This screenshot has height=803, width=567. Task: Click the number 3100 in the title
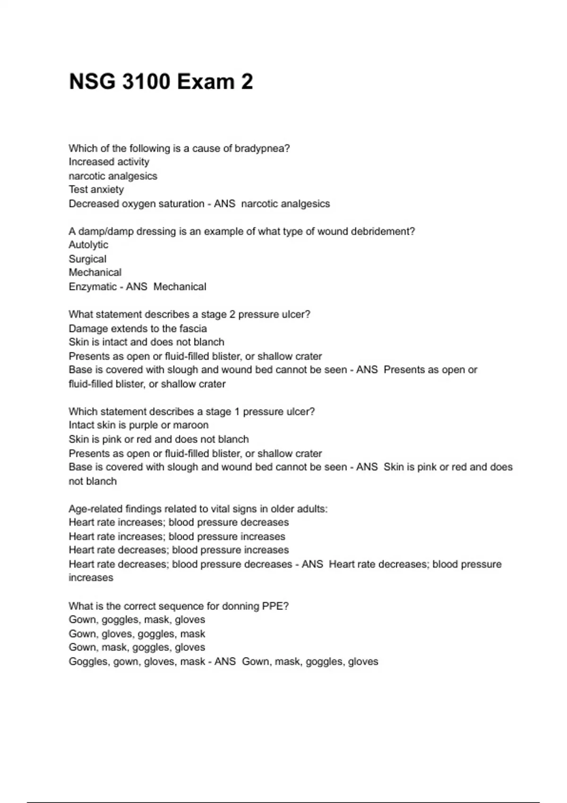(146, 82)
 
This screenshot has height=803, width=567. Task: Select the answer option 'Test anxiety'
(96, 189)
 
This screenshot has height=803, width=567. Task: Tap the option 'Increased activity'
(109, 162)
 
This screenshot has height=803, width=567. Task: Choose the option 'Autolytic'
(88, 245)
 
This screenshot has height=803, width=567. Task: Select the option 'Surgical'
(87, 259)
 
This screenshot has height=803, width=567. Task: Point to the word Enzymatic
(93, 287)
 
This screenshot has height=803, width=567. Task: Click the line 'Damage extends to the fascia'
(137, 328)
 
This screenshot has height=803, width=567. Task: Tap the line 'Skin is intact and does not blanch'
(146, 342)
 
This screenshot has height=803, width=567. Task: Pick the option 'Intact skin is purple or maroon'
(138, 425)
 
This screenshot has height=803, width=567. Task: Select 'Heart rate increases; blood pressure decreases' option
(179, 522)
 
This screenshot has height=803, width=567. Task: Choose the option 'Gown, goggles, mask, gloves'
(137, 620)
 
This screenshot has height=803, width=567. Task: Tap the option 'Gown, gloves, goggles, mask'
(137, 634)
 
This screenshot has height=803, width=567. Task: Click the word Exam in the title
(206, 82)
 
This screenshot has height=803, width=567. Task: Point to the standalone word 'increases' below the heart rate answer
(91, 578)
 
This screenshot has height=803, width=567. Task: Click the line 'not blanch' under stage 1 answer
(93, 481)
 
